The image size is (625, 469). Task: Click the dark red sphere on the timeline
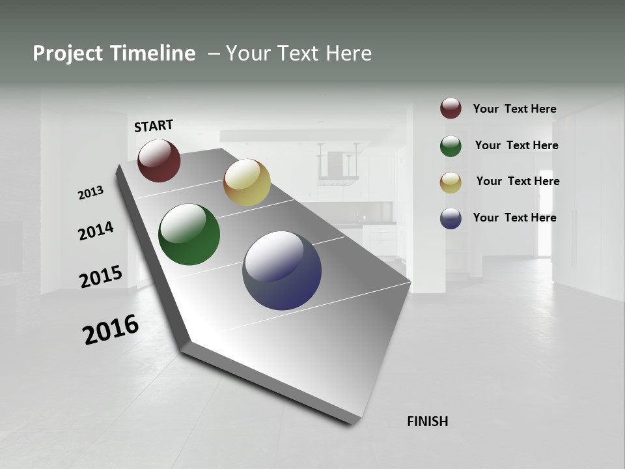159,160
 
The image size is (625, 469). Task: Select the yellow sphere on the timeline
247,182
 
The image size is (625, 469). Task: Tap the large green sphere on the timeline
189,234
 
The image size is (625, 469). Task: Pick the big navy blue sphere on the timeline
282,270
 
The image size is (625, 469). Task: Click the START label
154,126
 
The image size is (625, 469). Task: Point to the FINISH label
428,421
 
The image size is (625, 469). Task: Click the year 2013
90,193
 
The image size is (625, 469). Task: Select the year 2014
96,231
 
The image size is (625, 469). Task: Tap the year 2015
100,277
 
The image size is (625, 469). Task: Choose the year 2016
110,330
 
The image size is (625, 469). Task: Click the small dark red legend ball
451,108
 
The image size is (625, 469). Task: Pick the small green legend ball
451,146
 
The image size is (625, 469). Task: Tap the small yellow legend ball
451,182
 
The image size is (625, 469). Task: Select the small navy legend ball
451,218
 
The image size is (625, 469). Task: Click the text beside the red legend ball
514,109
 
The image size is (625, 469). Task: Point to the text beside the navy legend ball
514,218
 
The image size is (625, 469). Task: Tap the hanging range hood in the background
338,166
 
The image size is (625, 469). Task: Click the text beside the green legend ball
516,145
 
